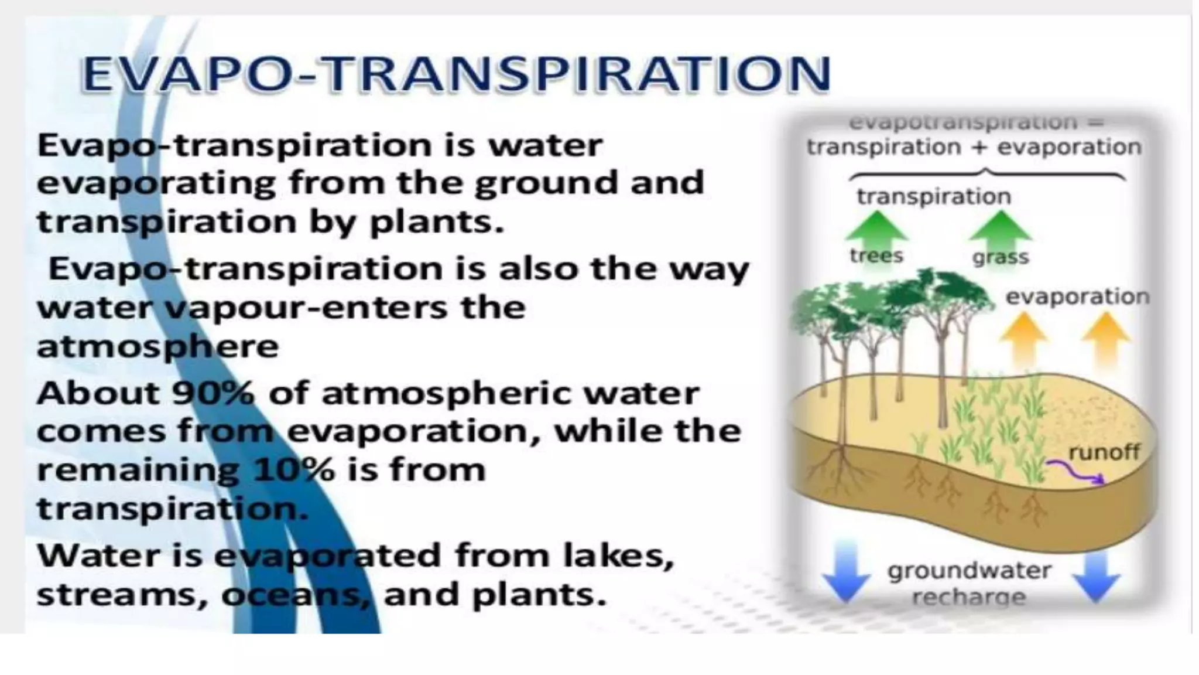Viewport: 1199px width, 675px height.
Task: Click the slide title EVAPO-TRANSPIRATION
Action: coord(455,74)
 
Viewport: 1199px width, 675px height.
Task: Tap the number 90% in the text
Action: coord(213,393)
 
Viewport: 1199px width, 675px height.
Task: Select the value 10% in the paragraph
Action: coord(294,470)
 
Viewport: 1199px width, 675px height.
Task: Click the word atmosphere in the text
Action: coord(157,347)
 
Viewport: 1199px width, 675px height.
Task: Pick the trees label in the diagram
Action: coord(876,256)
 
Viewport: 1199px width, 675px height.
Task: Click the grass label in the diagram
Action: coord(1000,257)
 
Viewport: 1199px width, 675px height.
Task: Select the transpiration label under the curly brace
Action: coord(934,197)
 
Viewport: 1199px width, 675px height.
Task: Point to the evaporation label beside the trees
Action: coord(1077,297)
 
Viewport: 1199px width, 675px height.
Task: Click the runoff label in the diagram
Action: coord(1104,452)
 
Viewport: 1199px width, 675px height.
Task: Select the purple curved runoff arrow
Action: coord(1075,472)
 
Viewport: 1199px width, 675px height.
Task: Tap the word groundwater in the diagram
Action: coord(969,571)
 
